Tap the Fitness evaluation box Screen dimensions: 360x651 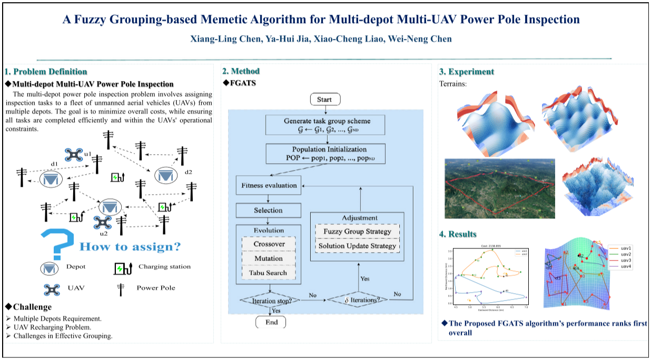coord(269,185)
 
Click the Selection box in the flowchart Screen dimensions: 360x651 coord(268,211)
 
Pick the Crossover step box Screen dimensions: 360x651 coord(269,244)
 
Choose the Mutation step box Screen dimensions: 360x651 coord(269,258)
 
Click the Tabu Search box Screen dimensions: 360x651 coord(269,273)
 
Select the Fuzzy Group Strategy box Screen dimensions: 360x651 coord(357,232)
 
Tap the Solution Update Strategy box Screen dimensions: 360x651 coord(357,246)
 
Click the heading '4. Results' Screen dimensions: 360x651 coord(458,234)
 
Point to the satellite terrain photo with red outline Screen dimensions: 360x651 coord(496,187)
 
